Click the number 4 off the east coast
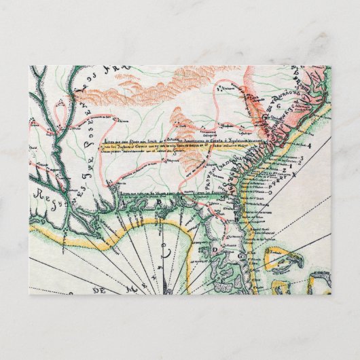point(309,145)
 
